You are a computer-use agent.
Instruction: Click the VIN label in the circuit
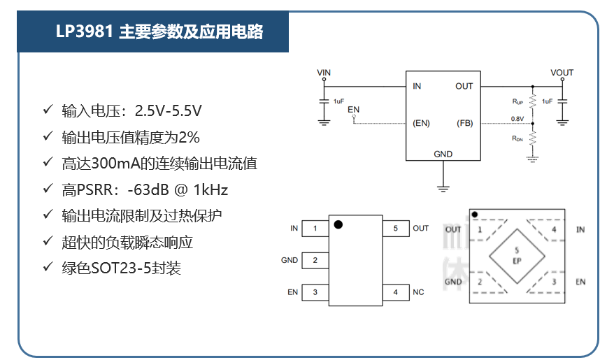(x=324, y=73)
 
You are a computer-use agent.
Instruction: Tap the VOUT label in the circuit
(x=562, y=73)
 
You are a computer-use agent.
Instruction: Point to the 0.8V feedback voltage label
(x=517, y=119)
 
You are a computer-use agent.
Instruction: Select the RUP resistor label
(x=518, y=102)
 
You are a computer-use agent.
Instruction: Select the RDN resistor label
(x=518, y=138)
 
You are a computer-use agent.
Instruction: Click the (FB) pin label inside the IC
(x=464, y=123)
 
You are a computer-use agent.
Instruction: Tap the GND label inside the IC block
(x=443, y=154)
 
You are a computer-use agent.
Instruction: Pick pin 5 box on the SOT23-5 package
(x=395, y=229)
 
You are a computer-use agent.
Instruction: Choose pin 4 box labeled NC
(x=395, y=292)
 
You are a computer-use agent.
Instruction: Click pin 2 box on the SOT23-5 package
(x=315, y=260)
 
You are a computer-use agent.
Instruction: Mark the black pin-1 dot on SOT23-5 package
(x=338, y=224)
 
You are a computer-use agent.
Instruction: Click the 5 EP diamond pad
(x=517, y=255)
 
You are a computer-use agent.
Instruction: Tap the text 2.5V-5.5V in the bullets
(x=169, y=110)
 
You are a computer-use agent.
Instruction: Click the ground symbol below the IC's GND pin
(x=443, y=187)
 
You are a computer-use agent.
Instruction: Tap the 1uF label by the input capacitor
(x=338, y=102)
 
